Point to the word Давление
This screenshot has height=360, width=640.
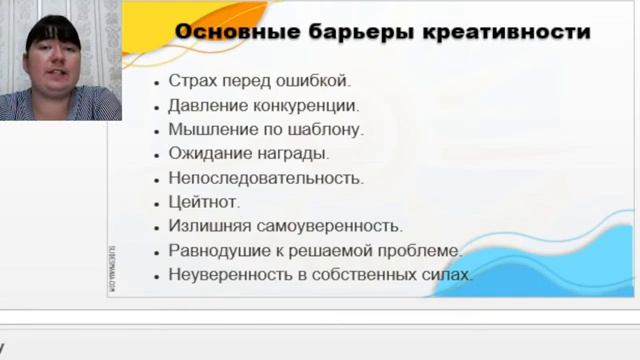[205, 105]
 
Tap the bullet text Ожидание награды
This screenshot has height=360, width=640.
[249, 154]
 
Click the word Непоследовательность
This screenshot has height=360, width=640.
[266, 178]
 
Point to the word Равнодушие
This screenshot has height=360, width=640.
[214, 250]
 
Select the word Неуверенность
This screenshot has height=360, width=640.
[226, 274]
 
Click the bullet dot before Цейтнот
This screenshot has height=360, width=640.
[158, 203]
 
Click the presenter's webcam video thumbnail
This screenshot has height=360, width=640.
[61, 61]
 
